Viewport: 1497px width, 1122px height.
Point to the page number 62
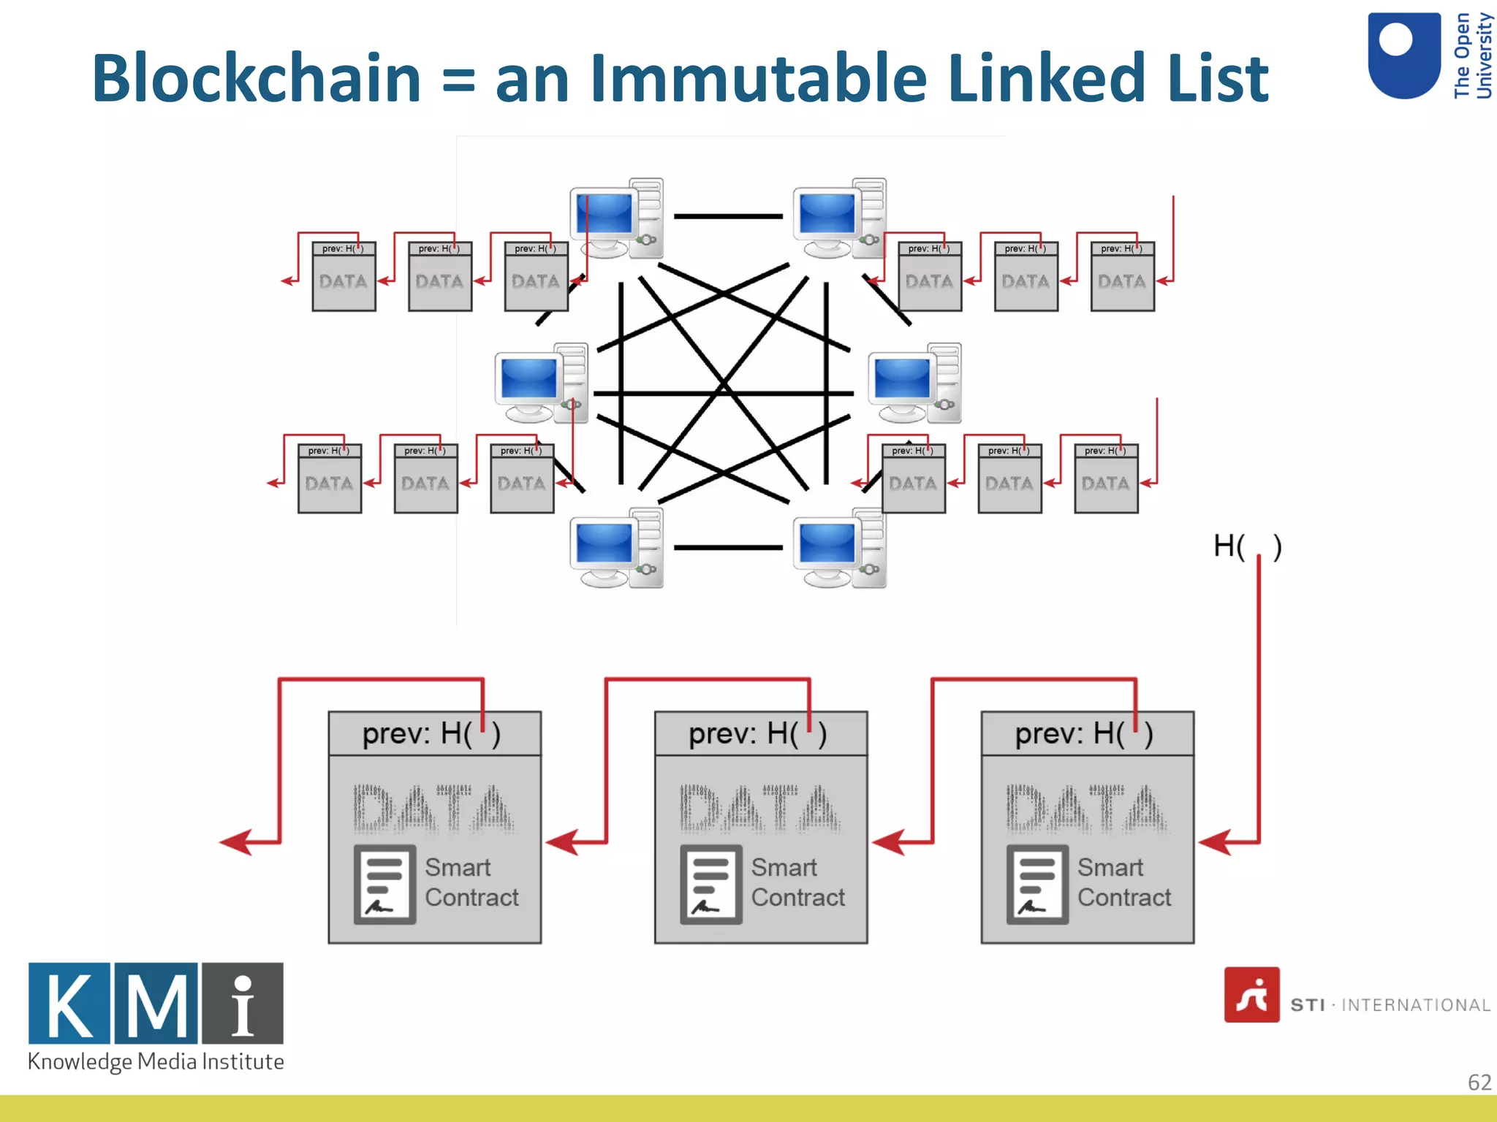click(1479, 1082)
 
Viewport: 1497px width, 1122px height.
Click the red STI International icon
click(1251, 995)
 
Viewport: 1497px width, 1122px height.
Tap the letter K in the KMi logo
click(70, 1004)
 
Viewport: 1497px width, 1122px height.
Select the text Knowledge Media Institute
click(156, 1061)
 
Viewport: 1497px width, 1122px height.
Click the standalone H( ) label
click(1247, 546)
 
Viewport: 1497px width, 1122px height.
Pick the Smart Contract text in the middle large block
click(797, 882)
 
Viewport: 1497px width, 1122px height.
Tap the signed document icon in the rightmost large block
click(1037, 884)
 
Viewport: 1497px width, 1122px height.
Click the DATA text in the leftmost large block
click(434, 809)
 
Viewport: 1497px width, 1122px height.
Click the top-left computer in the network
click(615, 218)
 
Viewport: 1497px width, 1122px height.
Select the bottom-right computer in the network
click(840, 549)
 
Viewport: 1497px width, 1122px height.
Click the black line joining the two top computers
click(728, 216)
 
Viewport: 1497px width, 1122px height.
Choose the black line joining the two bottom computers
click(728, 547)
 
